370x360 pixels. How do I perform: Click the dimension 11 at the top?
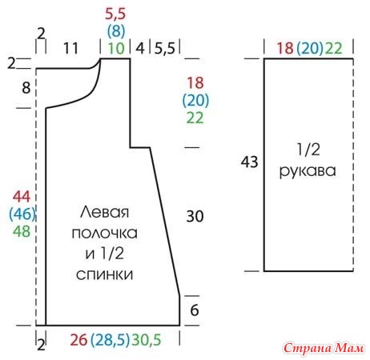point(71,49)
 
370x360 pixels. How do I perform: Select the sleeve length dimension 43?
point(249,162)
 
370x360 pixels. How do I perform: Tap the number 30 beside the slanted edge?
point(195,216)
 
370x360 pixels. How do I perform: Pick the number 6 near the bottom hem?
point(195,310)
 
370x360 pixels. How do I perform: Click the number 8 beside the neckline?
point(26,88)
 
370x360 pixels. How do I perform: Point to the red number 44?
point(22,197)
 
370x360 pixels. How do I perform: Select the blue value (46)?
point(22,214)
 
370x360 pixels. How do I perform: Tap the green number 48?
point(22,231)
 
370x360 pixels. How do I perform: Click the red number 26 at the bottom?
point(78,340)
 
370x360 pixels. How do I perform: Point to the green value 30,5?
point(147,340)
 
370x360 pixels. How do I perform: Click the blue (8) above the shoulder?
point(116,31)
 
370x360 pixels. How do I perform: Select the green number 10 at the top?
point(116,49)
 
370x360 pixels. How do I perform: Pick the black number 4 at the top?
point(140,49)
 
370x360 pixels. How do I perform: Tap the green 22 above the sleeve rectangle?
point(334,49)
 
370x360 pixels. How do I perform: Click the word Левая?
point(104,213)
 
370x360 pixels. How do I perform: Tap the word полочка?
point(105,233)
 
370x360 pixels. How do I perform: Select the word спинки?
point(105,274)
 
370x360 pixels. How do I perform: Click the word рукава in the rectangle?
point(308,171)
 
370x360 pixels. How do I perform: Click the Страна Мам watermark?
point(324,348)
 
